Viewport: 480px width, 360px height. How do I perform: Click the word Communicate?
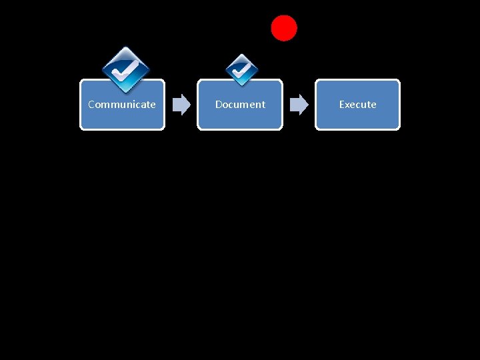122,105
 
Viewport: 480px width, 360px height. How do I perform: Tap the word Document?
240,105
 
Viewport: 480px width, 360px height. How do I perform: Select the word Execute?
357,105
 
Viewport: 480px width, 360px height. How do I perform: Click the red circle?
284,28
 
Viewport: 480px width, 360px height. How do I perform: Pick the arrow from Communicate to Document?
181,105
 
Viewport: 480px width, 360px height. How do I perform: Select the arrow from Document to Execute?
299,105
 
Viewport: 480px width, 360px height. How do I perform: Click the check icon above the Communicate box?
125,69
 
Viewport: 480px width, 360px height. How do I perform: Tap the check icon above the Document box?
241,69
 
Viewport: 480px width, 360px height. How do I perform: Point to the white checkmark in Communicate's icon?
125,69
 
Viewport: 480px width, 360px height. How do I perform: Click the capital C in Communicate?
91,105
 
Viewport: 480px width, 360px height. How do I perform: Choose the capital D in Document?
219,105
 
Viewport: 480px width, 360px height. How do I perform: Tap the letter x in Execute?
348,105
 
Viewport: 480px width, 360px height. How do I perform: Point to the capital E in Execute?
342,105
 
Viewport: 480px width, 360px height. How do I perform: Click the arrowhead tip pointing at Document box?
191,105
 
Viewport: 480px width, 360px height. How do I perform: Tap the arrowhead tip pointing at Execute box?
309,105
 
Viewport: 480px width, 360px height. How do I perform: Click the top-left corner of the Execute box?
316,81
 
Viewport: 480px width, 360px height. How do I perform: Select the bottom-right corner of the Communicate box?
163,129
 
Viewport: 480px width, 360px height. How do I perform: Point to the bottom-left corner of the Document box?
199,129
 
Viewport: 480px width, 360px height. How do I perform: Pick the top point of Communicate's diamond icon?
125,47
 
